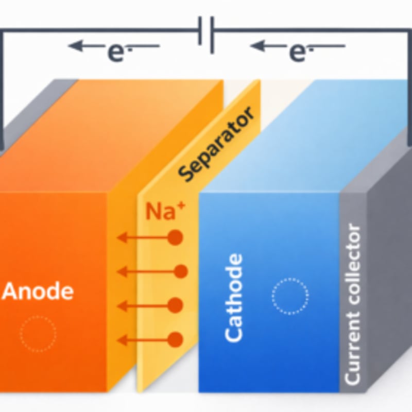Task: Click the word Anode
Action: click(x=38, y=291)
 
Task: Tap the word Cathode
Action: click(x=234, y=297)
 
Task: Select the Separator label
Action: click(x=217, y=145)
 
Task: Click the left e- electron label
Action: click(x=116, y=51)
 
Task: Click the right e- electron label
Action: click(x=298, y=51)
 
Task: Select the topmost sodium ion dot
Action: click(x=176, y=237)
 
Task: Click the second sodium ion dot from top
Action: click(x=180, y=271)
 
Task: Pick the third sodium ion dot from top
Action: click(x=176, y=305)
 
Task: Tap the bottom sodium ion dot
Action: click(x=176, y=339)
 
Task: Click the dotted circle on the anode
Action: click(x=38, y=334)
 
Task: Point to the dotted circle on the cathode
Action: click(x=290, y=296)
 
